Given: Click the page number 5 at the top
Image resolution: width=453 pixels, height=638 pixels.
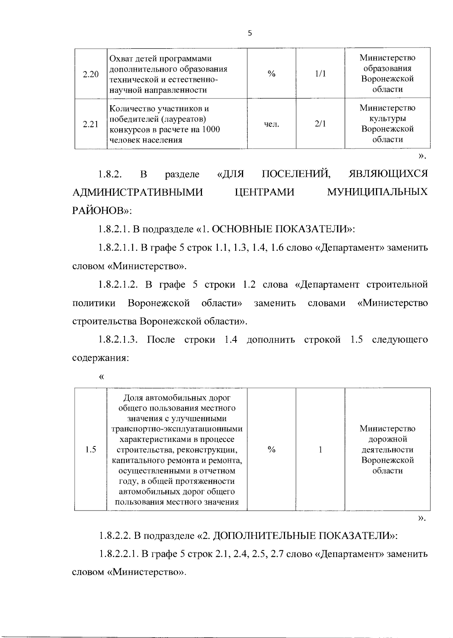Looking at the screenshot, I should (x=249, y=33).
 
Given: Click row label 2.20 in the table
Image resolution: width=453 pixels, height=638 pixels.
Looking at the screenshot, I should (x=91, y=74).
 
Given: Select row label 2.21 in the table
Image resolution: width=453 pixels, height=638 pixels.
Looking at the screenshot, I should (x=91, y=124).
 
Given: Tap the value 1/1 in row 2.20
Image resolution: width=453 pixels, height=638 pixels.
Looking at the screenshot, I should (x=320, y=74).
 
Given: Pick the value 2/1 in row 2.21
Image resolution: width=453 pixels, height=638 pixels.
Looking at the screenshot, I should (x=320, y=124).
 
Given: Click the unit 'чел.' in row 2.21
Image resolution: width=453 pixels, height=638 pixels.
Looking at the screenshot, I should (x=271, y=124).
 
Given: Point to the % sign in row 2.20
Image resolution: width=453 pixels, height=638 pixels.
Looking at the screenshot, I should (x=271, y=74).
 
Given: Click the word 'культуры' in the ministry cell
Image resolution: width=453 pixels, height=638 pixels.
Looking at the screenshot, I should (x=388, y=118).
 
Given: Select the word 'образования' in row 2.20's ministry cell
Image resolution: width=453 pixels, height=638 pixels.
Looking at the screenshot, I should (x=388, y=68).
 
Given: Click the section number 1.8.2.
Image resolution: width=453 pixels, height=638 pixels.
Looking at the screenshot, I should (x=110, y=174).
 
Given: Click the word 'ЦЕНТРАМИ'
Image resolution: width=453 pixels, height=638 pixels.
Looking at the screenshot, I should (x=264, y=192).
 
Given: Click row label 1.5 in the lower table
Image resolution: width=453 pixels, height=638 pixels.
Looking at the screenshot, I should (x=91, y=449).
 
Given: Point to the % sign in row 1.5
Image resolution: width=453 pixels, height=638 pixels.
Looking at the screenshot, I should (x=271, y=449).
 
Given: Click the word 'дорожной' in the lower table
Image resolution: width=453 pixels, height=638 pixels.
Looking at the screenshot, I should (x=388, y=439).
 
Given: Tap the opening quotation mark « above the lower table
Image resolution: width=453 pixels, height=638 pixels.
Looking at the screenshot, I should (x=101, y=377).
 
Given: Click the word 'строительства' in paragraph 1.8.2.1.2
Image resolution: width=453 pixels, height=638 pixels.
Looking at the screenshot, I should (x=105, y=322).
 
